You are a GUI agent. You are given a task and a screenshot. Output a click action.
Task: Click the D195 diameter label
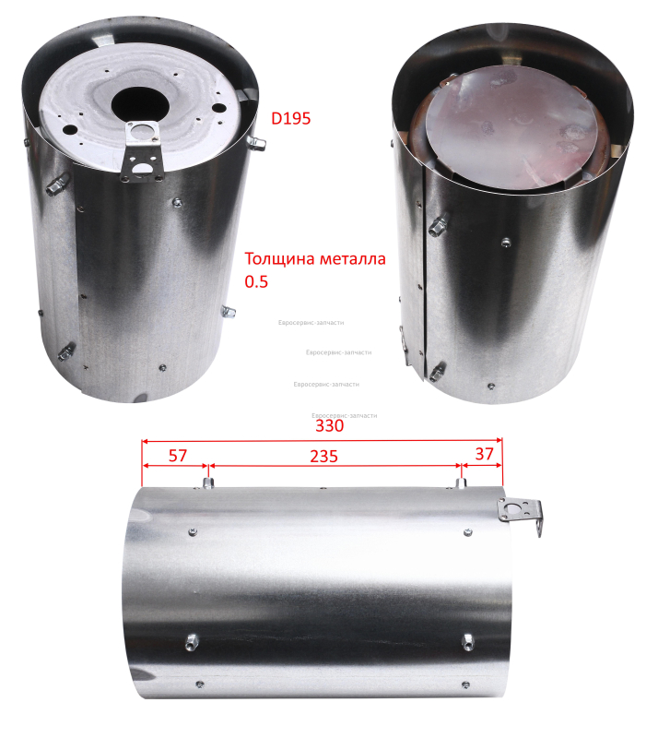[290, 118]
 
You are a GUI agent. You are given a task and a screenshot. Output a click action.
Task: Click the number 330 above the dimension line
[329, 425]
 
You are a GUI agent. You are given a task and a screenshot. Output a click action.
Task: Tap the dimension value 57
[178, 455]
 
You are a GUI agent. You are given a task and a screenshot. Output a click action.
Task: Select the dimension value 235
[323, 456]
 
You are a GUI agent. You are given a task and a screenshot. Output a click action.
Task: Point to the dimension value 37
[484, 454]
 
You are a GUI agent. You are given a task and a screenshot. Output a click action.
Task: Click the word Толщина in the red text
[280, 259]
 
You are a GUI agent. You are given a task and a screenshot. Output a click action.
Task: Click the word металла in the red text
[353, 259]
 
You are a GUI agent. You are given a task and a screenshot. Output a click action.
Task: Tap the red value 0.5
[256, 281]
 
